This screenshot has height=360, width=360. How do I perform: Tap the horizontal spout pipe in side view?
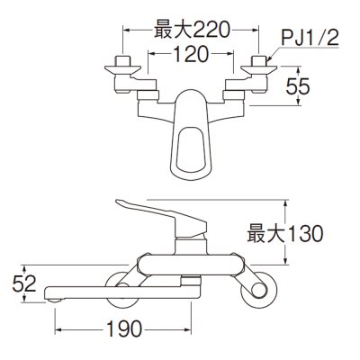[117, 290]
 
